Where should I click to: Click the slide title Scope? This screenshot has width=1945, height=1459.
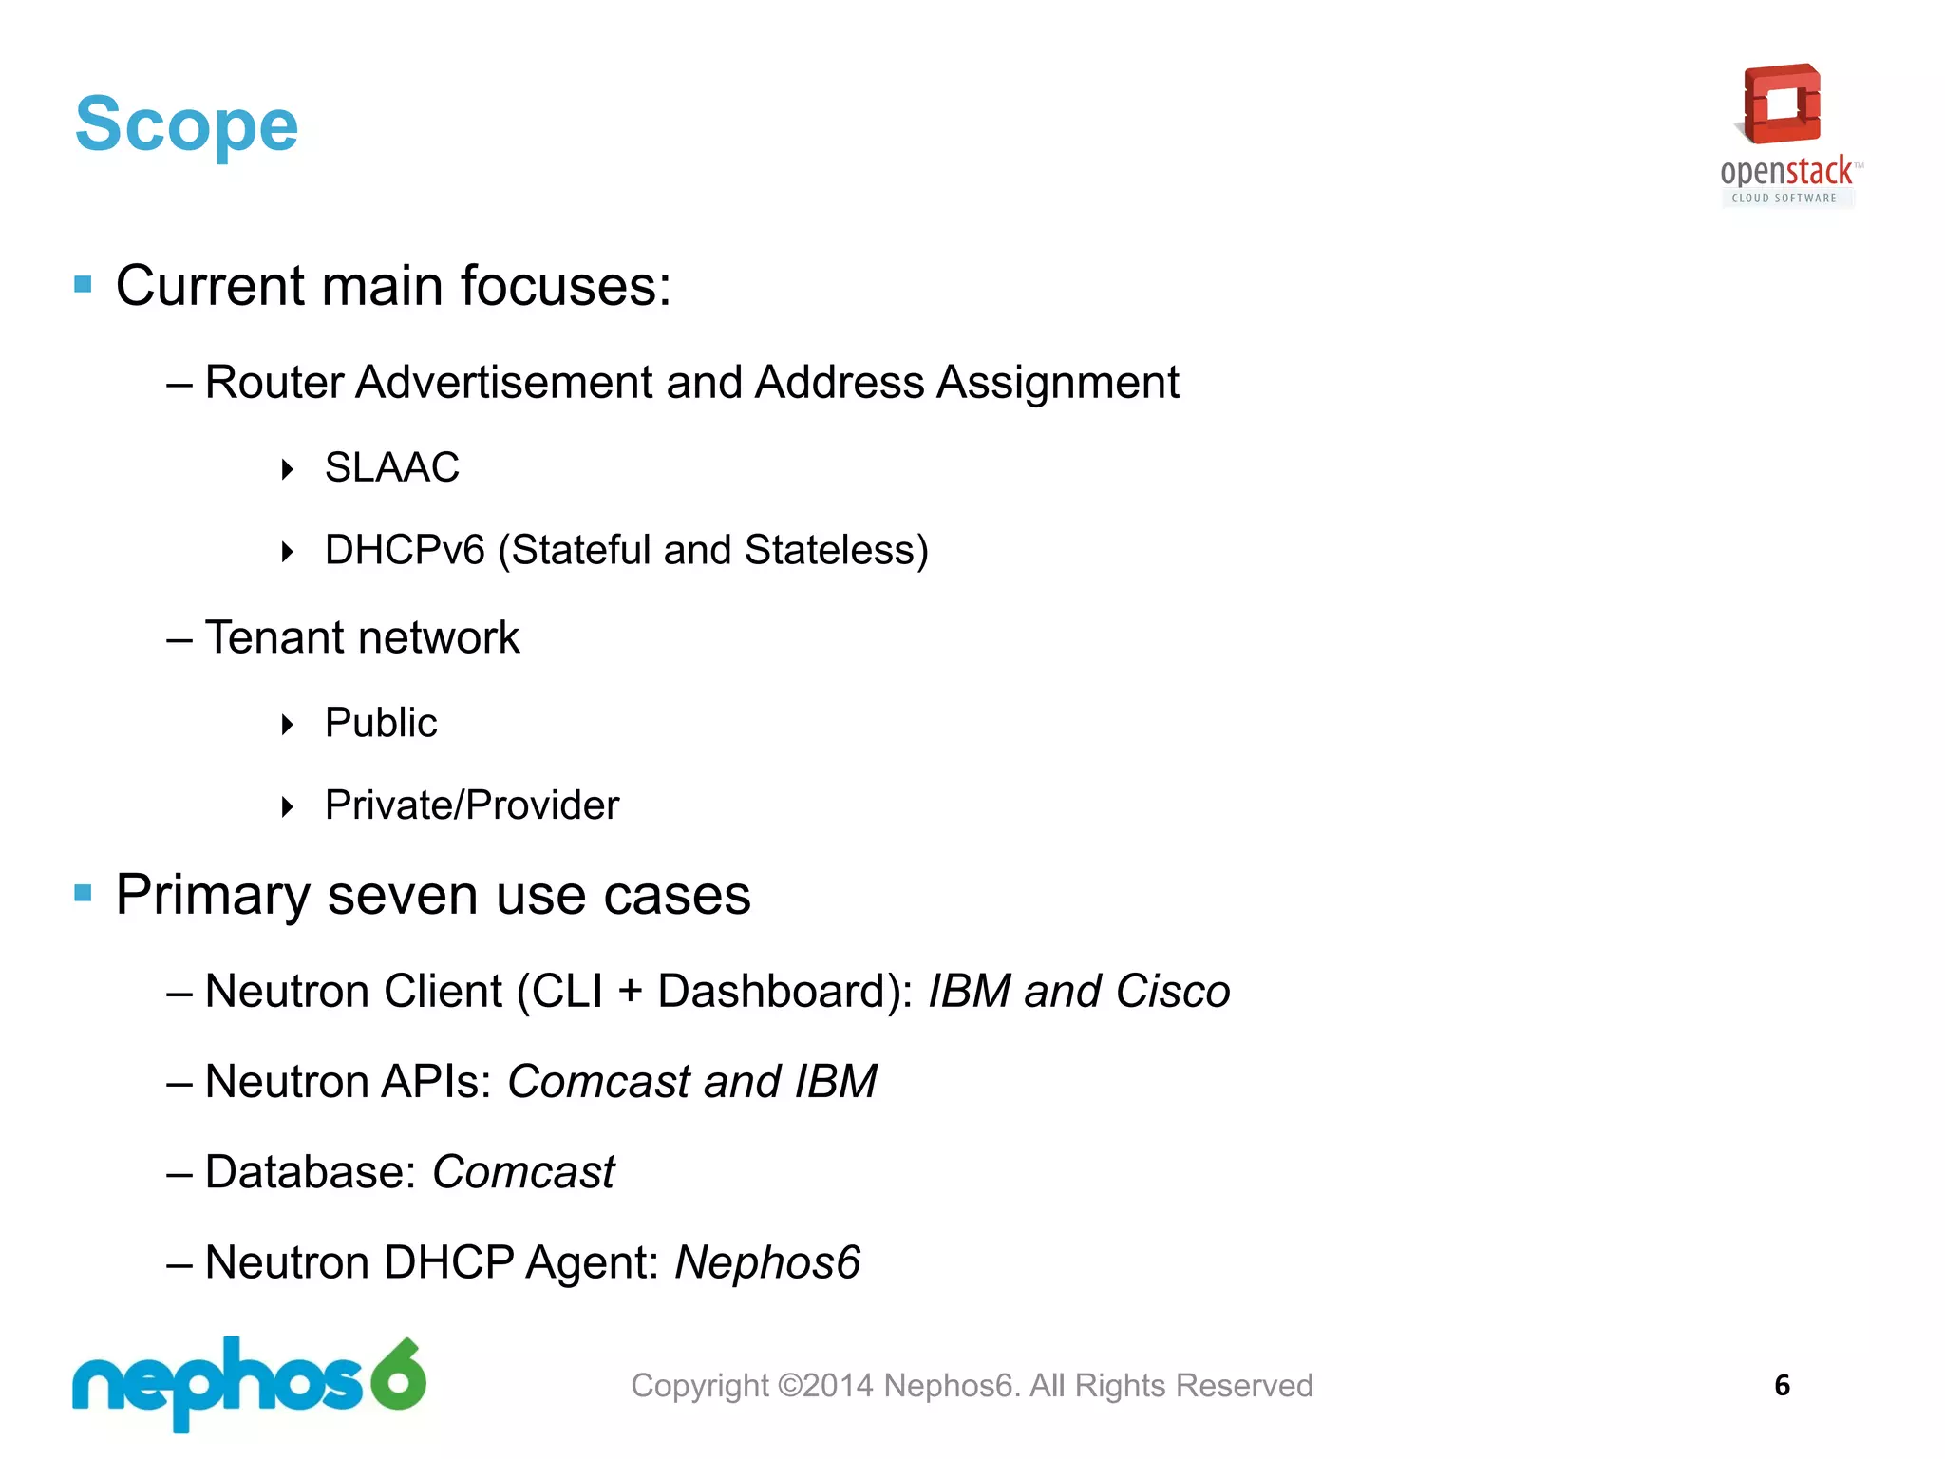coord(186,124)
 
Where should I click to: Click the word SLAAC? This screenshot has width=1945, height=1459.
coord(391,467)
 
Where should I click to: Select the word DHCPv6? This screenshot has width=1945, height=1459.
coord(405,550)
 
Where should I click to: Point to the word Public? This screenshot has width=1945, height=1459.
coord(381,723)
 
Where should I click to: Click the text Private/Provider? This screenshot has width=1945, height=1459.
coord(472,805)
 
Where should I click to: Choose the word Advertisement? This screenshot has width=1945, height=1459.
coord(504,383)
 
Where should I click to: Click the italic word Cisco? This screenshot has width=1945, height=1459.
coord(1173,992)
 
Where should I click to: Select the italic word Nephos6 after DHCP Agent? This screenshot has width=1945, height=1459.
coord(767,1262)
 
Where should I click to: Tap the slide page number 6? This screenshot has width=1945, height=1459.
coord(1782,1385)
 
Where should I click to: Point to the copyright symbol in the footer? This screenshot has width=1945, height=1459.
coord(789,1386)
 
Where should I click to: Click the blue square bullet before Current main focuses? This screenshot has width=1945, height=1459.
coord(84,284)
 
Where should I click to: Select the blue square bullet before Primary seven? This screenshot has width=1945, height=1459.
coord(84,893)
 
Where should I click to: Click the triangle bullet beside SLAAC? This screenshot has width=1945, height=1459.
coord(288,468)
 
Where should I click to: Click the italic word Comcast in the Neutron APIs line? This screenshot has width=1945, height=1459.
coord(599,1082)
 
